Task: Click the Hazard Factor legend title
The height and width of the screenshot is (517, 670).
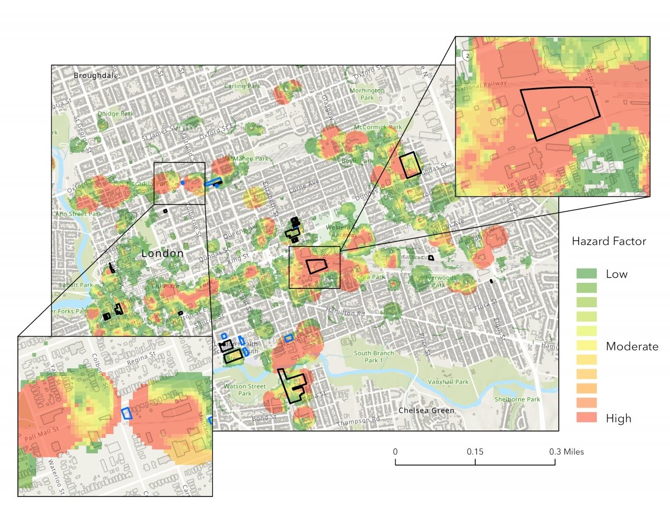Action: tap(609, 241)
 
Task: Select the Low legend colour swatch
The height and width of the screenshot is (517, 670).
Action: tap(587, 273)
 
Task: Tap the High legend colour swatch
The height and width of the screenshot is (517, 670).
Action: tap(587, 418)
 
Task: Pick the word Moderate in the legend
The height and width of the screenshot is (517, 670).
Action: tap(632, 346)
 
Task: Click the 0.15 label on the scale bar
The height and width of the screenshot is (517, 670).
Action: tap(475, 452)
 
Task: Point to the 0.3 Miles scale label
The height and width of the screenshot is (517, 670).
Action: tap(565, 452)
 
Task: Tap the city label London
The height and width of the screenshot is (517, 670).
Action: tap(162, 254)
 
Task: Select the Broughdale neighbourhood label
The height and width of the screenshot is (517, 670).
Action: tap(96, 75)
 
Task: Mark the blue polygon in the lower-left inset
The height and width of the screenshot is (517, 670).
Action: tap(127, 413)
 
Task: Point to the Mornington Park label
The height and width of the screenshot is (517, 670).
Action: tap(367, 94)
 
